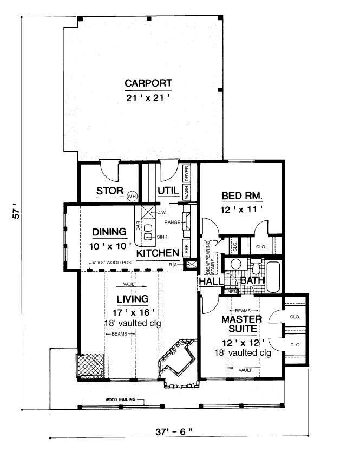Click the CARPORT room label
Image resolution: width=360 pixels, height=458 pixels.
tap(148, 83)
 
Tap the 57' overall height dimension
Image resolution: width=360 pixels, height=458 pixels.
tap(16, 213)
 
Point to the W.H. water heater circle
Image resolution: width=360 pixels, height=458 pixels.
tap(132, 196)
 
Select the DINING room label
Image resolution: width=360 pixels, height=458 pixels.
tap(109, 232)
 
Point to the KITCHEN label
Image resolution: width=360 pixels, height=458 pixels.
tap(158, 253)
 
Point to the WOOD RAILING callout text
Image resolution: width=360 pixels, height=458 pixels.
tap(119, 399)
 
